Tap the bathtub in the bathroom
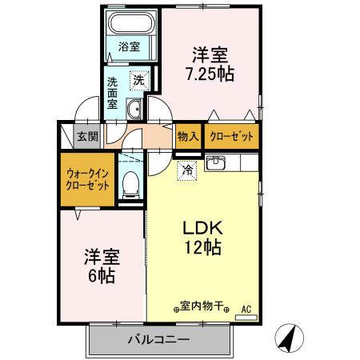tap(129, 24)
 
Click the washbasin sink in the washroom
tap(134, 109)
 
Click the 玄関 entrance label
tap(87, 137)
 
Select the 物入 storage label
tap(187, 137)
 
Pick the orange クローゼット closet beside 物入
tap(231, 137)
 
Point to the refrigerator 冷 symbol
tap(186, 168)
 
